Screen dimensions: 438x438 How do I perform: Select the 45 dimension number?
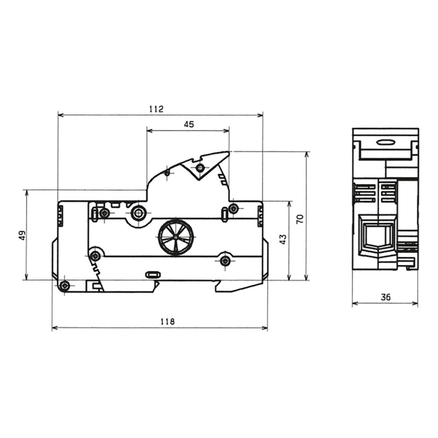point(188,124)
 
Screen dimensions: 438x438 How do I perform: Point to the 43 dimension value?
point(283,239)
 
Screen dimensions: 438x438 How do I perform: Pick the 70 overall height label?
point(299,219)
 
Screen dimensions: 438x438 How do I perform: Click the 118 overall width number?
point(168,322)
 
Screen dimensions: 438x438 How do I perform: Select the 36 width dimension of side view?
point(385,297)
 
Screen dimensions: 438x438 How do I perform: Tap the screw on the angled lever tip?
point(200,167)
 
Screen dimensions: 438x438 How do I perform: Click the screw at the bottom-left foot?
point(65,285)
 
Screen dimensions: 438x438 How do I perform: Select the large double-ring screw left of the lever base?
point(139,212)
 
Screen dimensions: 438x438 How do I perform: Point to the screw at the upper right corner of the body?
point(233,208)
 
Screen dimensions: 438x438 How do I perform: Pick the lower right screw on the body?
point(225,261)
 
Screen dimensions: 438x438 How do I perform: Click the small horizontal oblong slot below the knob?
point(152,274)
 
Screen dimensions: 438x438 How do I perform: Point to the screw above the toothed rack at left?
point(95,256)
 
